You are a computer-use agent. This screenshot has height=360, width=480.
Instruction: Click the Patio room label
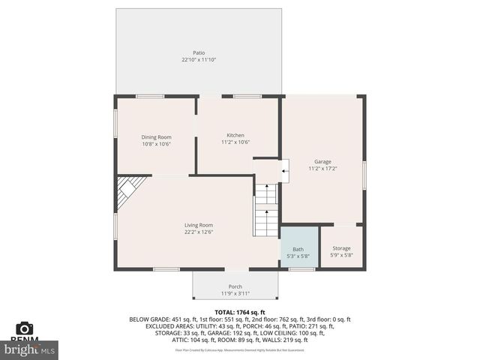point(198,52)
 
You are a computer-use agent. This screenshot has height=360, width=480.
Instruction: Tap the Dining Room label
point(157,136)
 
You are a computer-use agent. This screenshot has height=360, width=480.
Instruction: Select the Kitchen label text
point(235,135)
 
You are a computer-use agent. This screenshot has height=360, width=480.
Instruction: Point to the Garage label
point(322,162)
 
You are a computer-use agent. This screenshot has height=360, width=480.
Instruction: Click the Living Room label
point(199,225)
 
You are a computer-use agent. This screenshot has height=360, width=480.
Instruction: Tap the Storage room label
point(341,248)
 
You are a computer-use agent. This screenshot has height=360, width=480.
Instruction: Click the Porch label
point(235,286)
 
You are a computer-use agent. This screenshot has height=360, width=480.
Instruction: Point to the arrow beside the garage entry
point(284,172)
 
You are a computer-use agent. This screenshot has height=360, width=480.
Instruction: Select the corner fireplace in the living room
point(129,190)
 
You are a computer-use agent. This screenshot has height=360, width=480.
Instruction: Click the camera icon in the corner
point(24,328)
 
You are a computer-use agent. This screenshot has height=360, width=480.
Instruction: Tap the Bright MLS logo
point(30,349)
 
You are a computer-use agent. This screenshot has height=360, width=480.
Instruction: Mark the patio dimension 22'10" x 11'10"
point(198,60)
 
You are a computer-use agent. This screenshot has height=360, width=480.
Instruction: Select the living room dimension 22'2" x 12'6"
point(199,232)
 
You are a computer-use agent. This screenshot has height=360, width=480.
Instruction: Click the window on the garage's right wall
point(364,175)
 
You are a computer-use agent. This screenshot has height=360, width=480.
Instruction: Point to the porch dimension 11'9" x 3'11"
point(235,293)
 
